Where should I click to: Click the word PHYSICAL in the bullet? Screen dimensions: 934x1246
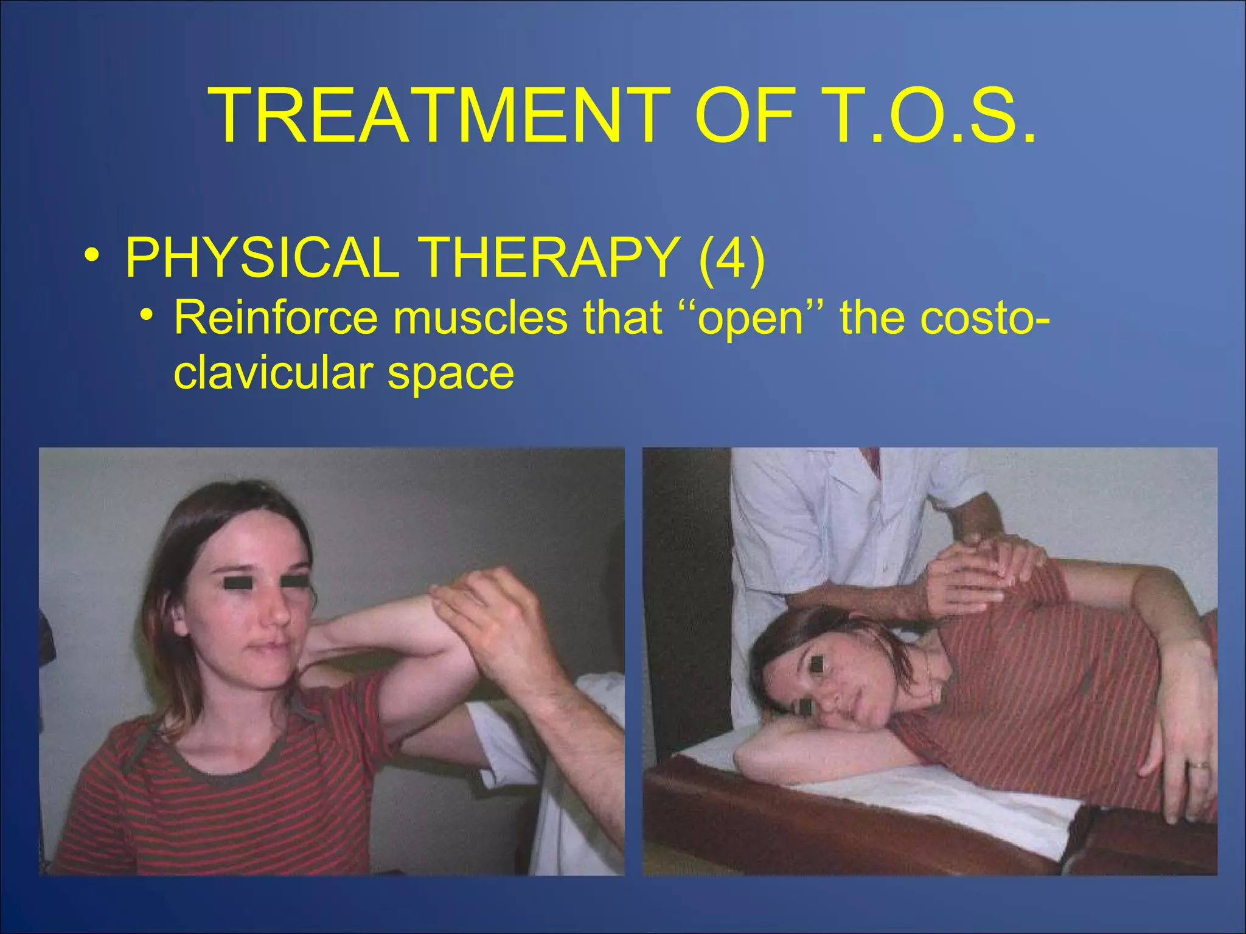262,258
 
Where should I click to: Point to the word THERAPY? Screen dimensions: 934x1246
551,258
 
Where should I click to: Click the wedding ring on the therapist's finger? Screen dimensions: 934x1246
1199,764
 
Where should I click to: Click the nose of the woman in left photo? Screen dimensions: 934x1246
277,614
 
